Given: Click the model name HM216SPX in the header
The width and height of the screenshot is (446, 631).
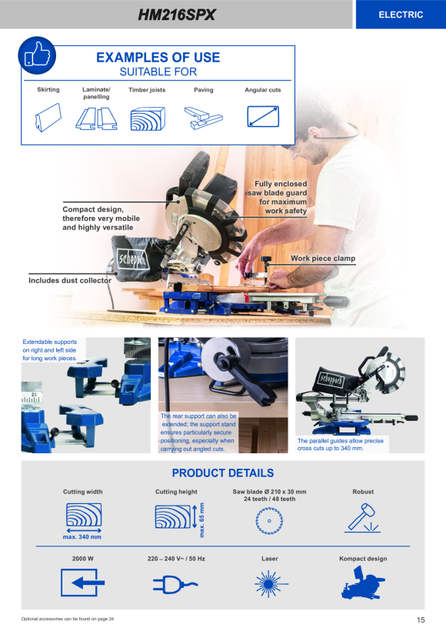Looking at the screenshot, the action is [x=177, y=15].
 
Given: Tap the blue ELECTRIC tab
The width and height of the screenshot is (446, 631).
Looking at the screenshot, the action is [x=401, y=15].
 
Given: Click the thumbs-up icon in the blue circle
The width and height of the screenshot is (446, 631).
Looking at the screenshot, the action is [x=37, y=55].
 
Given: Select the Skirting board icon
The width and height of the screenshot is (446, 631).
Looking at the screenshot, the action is [x=48, y=118].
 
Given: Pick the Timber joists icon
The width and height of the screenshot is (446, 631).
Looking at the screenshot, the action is [x=148, y=119].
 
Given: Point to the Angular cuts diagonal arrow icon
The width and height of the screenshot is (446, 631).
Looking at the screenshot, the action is [x=263, y=117].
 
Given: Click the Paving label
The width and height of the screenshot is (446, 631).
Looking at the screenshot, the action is [x=204, y=90].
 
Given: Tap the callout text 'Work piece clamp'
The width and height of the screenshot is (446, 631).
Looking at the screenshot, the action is [x=323, y=259].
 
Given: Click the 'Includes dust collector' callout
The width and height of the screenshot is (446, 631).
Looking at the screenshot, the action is [x=70, y=281].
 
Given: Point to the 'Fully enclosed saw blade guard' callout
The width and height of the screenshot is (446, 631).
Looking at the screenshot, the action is [x=277, y=197].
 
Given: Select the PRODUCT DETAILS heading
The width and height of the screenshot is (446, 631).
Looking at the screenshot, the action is [x=223, y=472].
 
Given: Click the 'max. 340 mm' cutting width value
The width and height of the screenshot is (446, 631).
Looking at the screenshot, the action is [x=82, y=537].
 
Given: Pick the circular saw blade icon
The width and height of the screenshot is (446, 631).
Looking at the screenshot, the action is [x=269, y=521].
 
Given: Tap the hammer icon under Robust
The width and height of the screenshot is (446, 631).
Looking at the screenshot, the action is [x=362, y=518].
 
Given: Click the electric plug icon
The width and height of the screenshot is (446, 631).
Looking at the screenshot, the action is [x=175, y=584].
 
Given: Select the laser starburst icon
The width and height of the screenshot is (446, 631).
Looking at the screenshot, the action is [x=271, y=583].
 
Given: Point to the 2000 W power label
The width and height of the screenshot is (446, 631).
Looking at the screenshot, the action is [x=83, y=559].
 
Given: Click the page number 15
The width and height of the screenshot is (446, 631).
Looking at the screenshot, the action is [x=421, y=619].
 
